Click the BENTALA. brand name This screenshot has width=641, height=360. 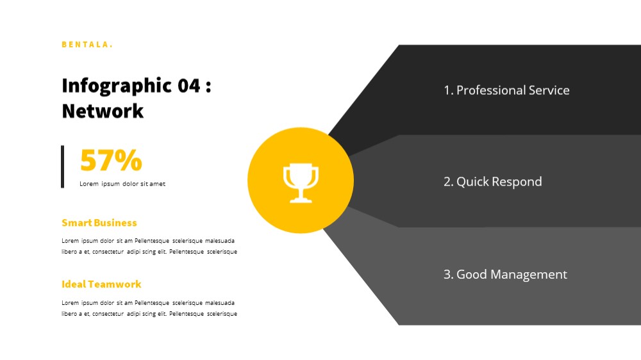pos(87,45)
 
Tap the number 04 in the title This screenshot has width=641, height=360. pos(189,86)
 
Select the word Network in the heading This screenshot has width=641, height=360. pos(103,111)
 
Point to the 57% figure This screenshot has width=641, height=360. pos(111,160)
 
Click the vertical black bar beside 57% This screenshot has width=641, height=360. pos(63,167)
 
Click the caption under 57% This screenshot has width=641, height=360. pos(122,184)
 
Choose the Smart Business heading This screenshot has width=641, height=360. pos(99,223)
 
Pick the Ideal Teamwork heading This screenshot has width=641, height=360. pos(101,284)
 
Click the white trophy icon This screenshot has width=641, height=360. pos(301,183)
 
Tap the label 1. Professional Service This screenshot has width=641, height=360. pos(506,90)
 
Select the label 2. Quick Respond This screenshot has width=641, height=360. pos(492,182)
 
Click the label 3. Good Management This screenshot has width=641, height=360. pos(505,274)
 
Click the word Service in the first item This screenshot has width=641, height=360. pos(549,90)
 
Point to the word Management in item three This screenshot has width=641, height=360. pos(529,275)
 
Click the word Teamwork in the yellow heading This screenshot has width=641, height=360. pos(115,284)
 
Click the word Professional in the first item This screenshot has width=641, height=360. pos(491,90)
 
